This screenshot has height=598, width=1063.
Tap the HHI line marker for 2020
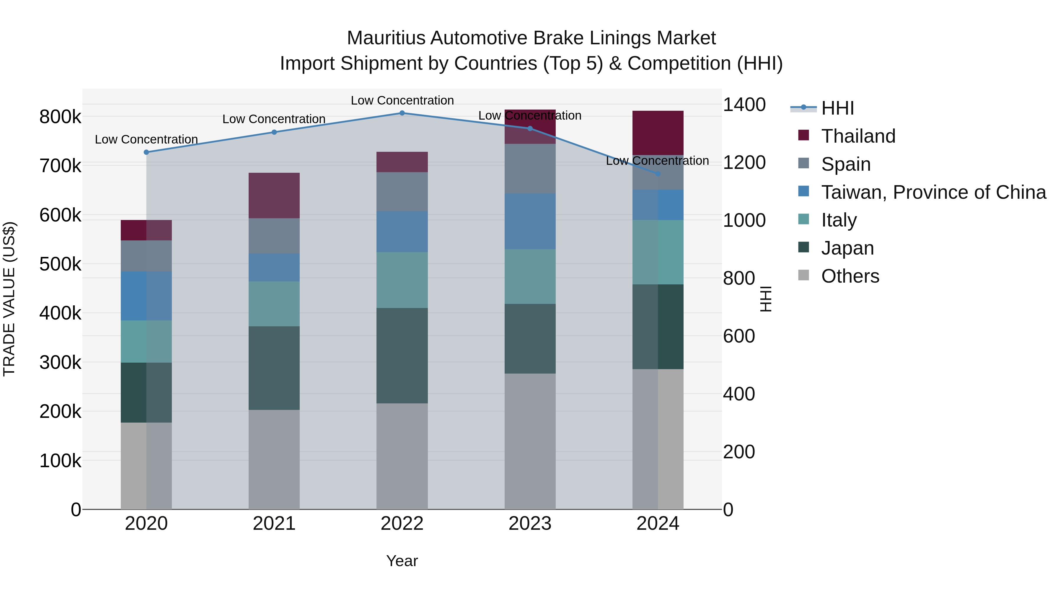146,152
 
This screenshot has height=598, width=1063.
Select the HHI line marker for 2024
658,174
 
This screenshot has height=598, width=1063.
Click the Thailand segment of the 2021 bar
274,195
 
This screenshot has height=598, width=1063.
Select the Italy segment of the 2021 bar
274,304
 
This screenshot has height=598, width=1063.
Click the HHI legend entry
837,108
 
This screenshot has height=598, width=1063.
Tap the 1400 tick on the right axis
744,105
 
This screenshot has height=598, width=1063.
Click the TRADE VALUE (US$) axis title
9,299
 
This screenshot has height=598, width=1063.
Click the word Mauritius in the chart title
386,38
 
